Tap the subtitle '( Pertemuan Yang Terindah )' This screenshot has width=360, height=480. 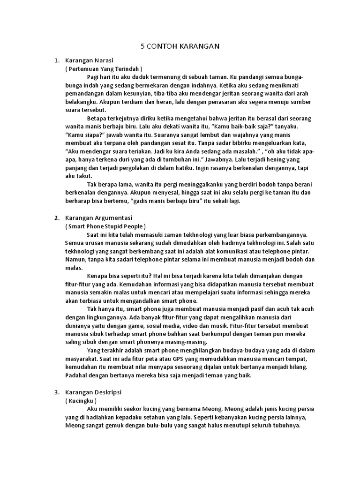pos(103,68)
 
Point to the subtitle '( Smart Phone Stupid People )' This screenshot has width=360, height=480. pos(106,226)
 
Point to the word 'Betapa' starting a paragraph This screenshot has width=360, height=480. pos(96,119)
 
